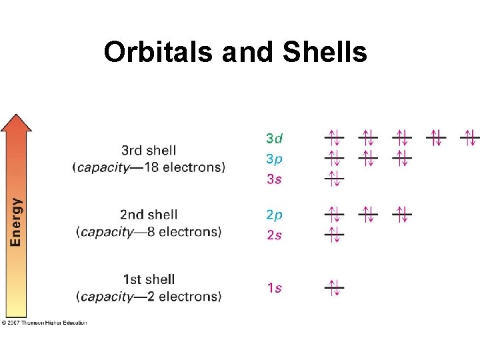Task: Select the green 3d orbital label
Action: pyautogui.click(x=274, y=139)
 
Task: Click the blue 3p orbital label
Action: pyautogui.click(x=274, y=159)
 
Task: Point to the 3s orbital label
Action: pyautogui.click(x=274, y=179)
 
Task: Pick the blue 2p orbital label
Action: pyautogui.click(x=274, y=215)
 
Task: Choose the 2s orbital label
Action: pyautogui.click(x=274, y=235)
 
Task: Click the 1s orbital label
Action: pyautogui.click(x=274, y=288)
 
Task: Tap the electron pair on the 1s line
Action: pyautogui.click(x=334, y=288)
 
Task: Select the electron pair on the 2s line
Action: pyautogui.click(x=334, y=234)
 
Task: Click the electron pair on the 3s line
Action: pyautogui.click(x=334, y=178)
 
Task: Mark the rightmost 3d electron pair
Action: pyautogui.click(x=471, y=138)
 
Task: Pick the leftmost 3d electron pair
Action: pyautogui.click(x=334, y=138)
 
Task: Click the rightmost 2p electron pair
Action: pyautogui.click(x=402, y=214)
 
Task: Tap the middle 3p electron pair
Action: pyautogui.click(x=368, y=158)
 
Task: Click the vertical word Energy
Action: pyautogui.click(x=15, y=221)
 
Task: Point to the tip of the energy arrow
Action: pyautogui.click(x=16, y=116)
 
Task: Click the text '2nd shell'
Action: pyautogui.click(x=149, y=215)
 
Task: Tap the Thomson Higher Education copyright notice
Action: pyautogui.click(x=45, y=323)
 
